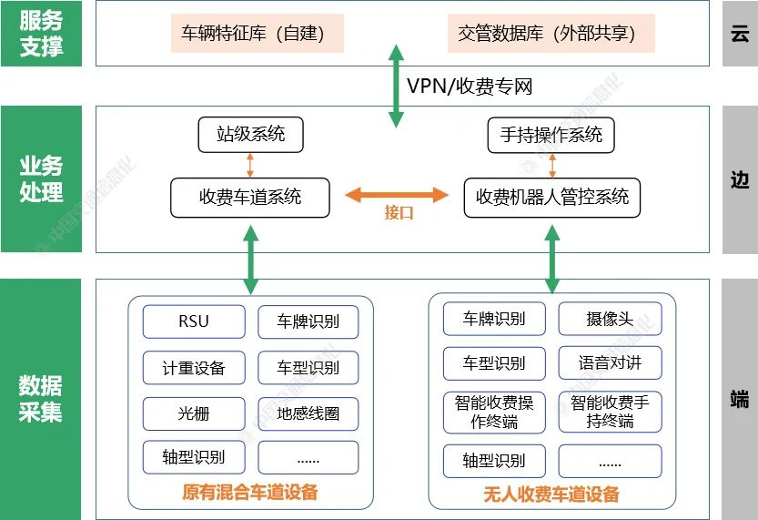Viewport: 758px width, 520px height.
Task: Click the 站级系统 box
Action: [250, 135]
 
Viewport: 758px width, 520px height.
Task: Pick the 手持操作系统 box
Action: [551, 135]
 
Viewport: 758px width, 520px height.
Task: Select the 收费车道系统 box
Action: [250, 197]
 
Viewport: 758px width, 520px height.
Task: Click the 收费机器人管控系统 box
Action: [551, 197]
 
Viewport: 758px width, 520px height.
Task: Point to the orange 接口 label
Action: [399, 213]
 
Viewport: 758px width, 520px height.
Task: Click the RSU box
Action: [194, 321]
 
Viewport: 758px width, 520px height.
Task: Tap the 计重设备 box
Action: [194, 368]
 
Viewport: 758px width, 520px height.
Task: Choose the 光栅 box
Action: [194, 413]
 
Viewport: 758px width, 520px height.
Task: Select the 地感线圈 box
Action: [308, 413]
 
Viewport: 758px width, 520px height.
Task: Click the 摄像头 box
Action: [610, 319]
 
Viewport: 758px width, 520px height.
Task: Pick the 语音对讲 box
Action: [610, 362]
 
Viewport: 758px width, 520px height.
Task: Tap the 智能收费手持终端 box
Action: [610, 412]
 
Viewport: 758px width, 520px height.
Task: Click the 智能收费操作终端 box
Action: [495, 412]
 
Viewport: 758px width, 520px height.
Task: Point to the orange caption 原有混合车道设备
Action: [250, 493]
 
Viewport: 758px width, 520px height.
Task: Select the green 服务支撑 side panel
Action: [41, 34]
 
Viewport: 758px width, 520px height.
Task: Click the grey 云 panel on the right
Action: [740, 34]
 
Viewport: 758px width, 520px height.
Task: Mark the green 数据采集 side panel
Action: [41, 399]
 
